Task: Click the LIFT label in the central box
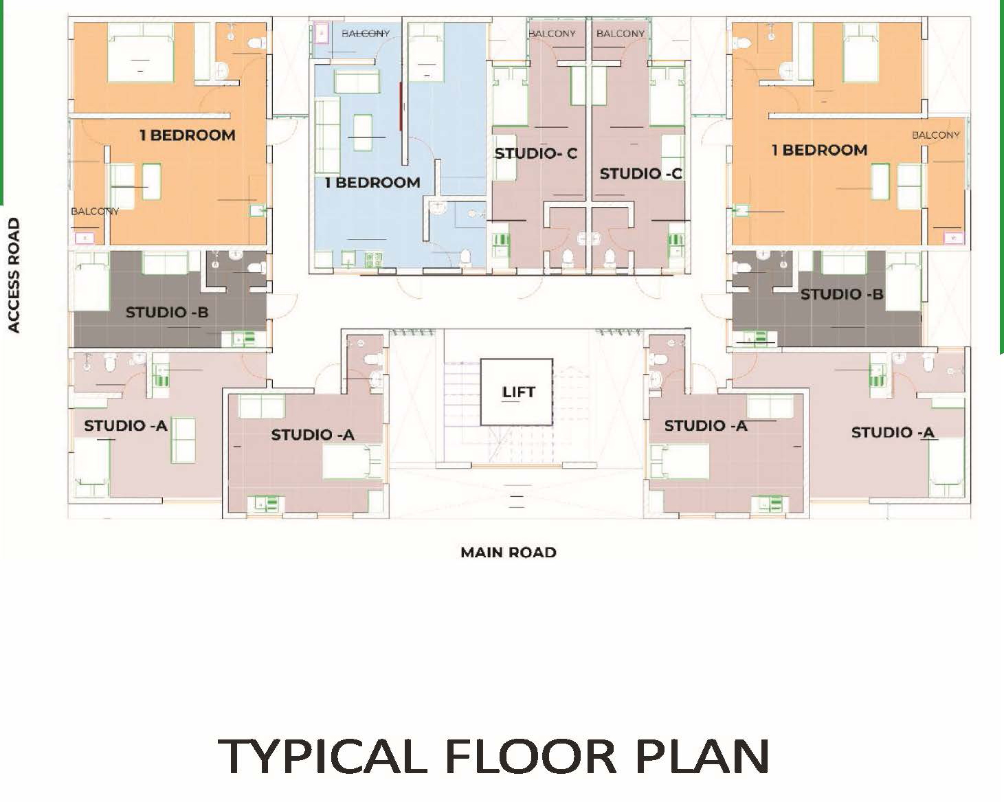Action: (x=517, y=392)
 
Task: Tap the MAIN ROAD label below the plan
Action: (x=508, y=553)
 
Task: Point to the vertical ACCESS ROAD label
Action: (x=14, y=276)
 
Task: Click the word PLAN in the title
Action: (x=701, y=757)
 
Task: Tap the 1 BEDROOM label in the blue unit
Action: (x=372, y=183)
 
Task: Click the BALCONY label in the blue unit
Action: (x=365, y=33)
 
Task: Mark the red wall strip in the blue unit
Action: (x=401, y=107)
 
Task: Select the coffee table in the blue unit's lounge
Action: (x=362, y=128)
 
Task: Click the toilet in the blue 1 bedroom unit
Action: (x=465, y=257)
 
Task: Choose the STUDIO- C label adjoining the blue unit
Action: (x=535, y=154)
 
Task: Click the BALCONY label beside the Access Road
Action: (x=95, y=211)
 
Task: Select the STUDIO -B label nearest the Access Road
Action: (x=166, y=313)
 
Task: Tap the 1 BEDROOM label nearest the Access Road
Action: (x=187, y=135)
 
